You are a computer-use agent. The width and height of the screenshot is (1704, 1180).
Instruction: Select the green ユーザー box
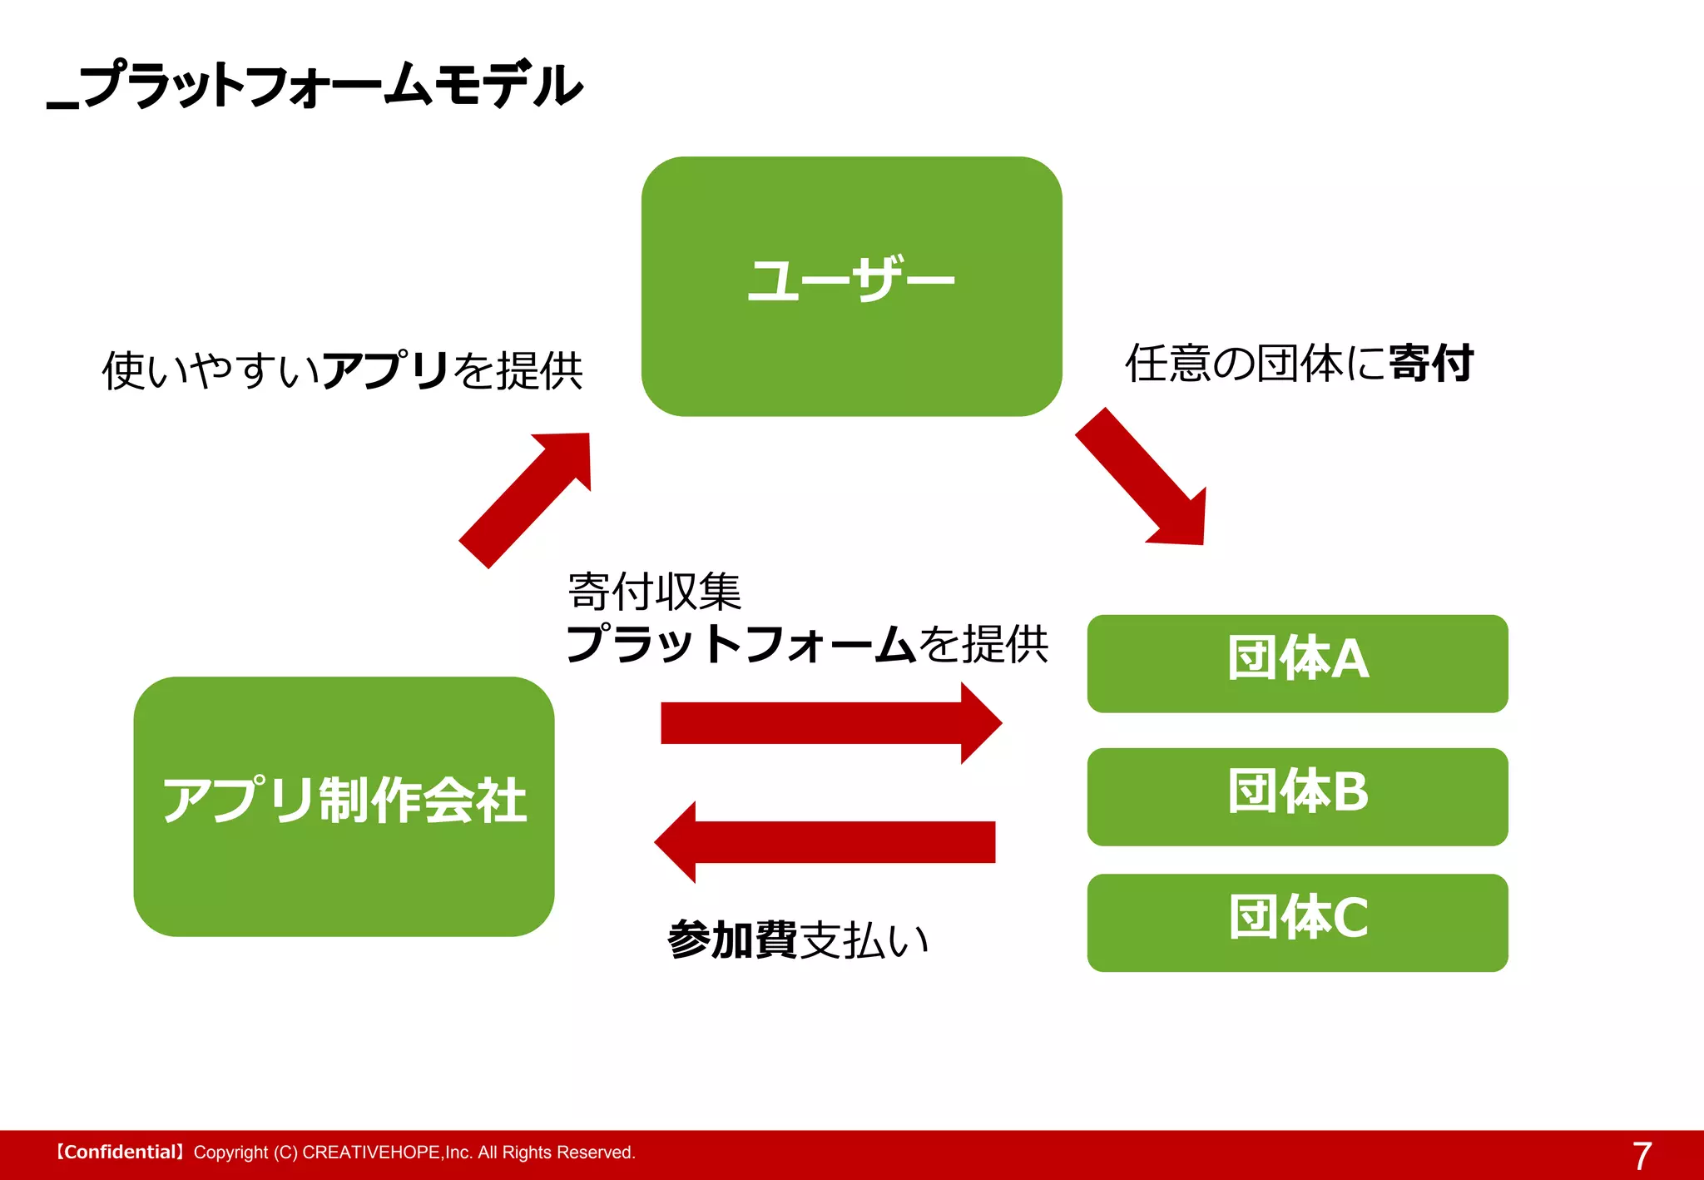tap(851, 286)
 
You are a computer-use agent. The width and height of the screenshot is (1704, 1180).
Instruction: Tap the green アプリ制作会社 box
tap(344, 806)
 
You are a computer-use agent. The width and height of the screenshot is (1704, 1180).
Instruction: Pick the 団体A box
tap(1296, 663)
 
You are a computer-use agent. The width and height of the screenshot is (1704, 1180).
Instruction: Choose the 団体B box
tap(1296, 796)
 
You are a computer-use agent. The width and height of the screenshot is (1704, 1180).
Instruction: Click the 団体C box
tap(1296, 922)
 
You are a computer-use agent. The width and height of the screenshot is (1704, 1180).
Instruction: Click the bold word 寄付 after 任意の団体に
tap(1431, 364)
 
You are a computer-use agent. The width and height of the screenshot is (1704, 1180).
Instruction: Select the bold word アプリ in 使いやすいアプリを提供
tap(386, 369)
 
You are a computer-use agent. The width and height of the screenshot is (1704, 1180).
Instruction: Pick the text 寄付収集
tap(654, 592)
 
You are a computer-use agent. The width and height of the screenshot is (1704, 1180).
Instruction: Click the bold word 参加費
tap(731, 940)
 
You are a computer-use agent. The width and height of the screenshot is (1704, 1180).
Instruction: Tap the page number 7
tap(1641, 1156)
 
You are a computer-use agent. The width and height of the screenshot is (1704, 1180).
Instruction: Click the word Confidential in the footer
tap(119, 1153)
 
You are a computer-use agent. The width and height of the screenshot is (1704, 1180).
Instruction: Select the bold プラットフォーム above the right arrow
tap(741, 644)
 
